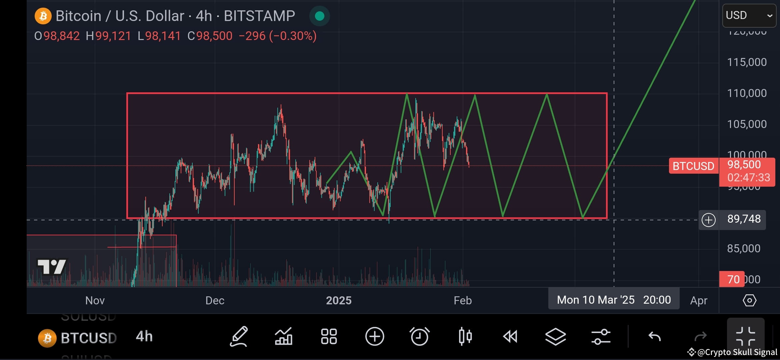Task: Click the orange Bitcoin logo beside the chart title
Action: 43,16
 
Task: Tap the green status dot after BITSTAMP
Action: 319,16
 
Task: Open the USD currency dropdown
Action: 749,15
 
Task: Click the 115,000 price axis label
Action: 747,62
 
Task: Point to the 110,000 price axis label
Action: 747,93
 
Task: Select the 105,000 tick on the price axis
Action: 747,124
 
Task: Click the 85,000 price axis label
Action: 743,248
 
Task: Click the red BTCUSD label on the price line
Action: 693,166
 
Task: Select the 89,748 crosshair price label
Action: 744,219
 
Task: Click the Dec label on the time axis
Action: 215,301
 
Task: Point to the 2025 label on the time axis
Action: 339,301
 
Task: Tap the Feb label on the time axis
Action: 463,301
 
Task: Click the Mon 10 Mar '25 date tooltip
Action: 613,300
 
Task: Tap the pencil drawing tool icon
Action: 239,337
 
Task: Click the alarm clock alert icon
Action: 419,337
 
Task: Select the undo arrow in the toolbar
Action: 654,337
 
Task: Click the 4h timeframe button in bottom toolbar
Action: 144,337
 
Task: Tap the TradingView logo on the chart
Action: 52,267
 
